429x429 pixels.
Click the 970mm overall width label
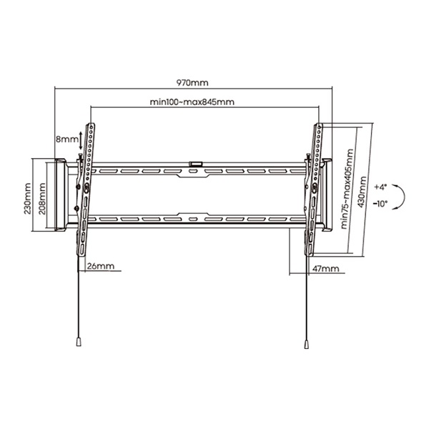[x=192, y=82]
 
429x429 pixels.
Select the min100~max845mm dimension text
[x=192, y=102]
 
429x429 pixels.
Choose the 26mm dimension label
[x=101, y=266]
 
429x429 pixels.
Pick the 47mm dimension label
[x=325, y=268]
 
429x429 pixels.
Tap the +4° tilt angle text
[x=380, y=187]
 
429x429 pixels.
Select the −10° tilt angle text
[x=380, y=203]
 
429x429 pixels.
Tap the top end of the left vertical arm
[x=92, y=126]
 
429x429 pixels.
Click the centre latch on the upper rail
[x=194, y=165]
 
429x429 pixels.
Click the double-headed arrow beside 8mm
[x=80, y=141]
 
